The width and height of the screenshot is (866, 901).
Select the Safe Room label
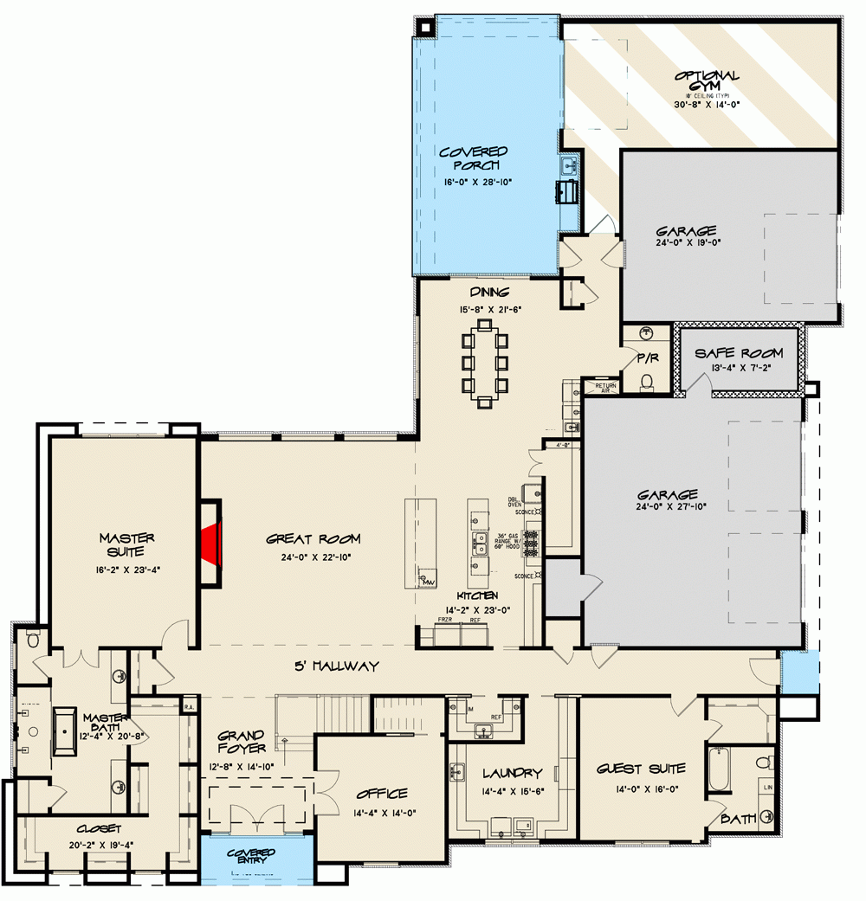[x=739, y=353]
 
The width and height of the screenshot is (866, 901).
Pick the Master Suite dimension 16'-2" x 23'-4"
[x=126, y=570]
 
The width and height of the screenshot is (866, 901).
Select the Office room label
[x=381, y=794]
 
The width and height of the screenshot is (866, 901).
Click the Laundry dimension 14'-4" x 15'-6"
[x=501, y=789]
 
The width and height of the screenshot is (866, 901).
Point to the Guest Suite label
[x=641, y=769]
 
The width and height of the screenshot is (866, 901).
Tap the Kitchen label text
[x=476, y=596]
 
